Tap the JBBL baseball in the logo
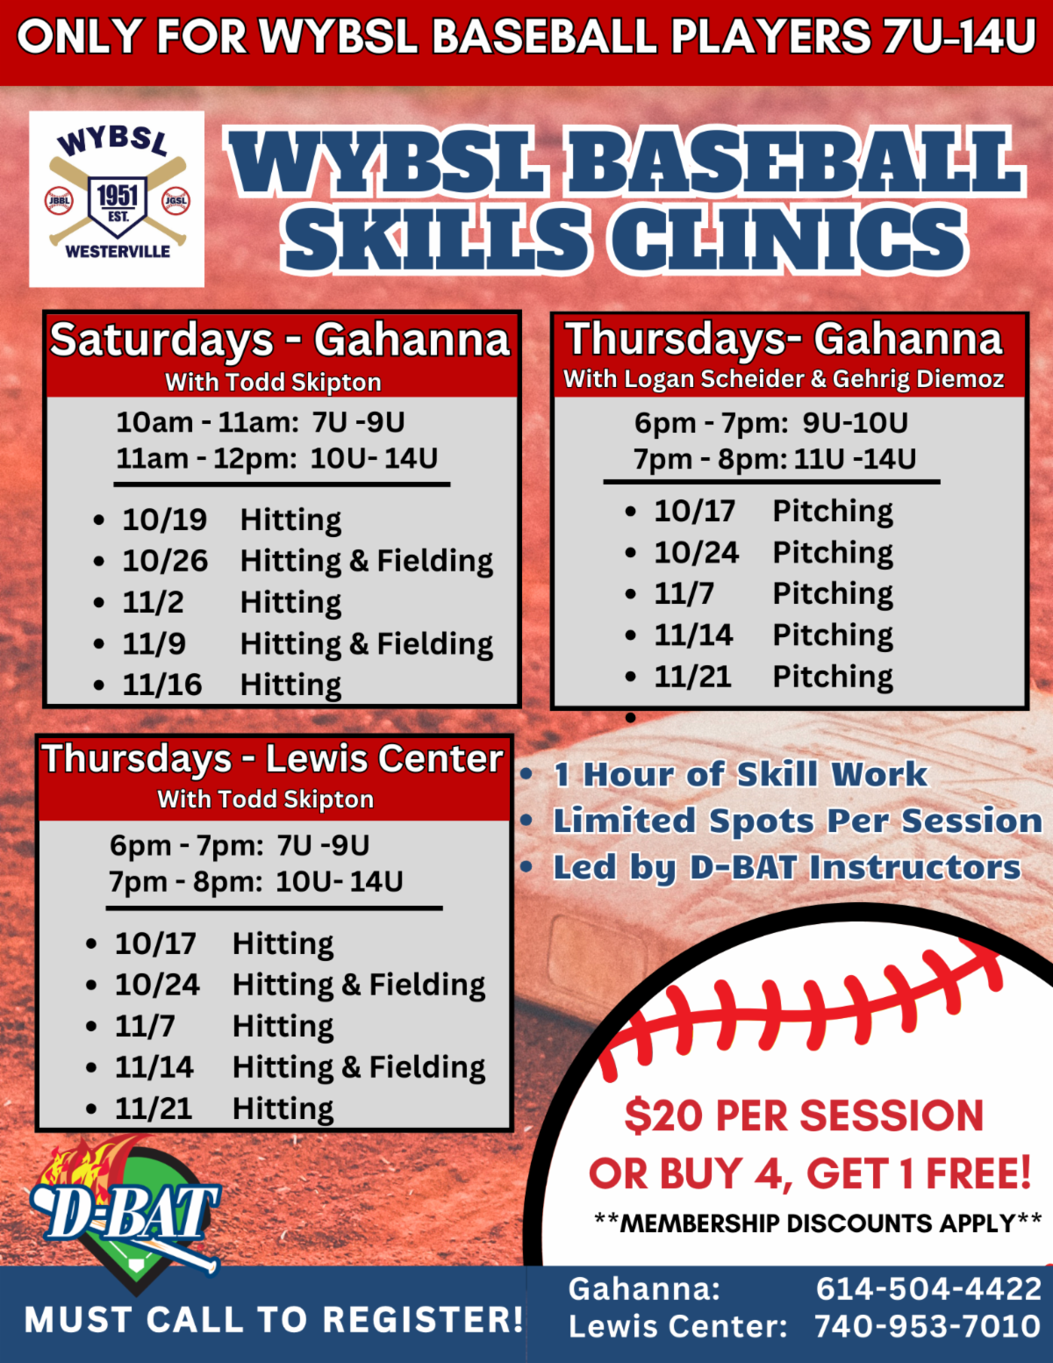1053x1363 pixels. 60,201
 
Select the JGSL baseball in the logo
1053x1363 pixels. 176,201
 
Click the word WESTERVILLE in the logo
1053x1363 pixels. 118,252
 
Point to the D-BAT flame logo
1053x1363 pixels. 125,1215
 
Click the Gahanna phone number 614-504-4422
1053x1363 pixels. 928,1289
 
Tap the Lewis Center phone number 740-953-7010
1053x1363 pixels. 928,1326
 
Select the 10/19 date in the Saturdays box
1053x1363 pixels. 164,520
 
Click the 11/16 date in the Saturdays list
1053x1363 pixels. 162,685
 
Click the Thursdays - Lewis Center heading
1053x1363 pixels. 273,759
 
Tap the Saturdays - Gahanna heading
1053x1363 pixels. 280,341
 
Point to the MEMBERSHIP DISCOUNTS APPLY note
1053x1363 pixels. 818,1223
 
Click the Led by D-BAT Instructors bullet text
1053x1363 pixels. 787,867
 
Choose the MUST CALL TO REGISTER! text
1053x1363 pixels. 274,1319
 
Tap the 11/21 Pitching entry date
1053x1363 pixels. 692,677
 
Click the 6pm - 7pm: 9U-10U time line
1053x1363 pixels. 770,423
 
